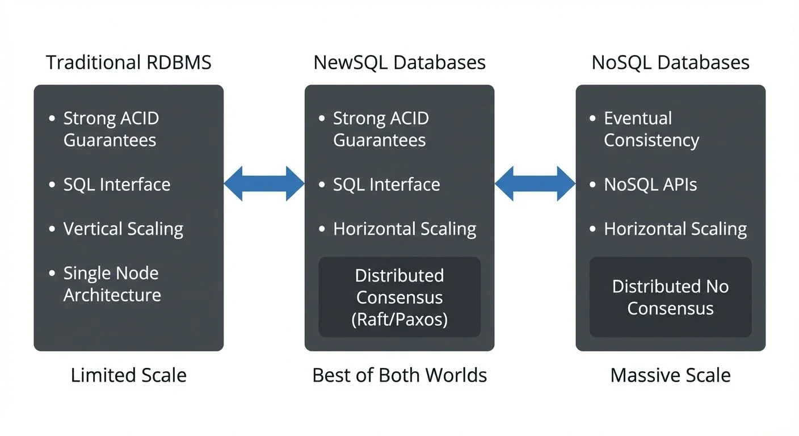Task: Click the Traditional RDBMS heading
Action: click(x=128, y=62)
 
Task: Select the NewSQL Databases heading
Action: click(x=399, y=62)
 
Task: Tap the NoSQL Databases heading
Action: click(x=670, y=62)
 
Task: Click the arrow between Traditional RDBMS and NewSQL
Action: click(x=264, y=184)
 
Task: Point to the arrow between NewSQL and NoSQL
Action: click(x=535, y=184)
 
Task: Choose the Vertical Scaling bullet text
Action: click(x=123, y=229)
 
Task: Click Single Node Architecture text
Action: click(x=112, y=284)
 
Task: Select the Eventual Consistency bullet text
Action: click(x=651, y=129)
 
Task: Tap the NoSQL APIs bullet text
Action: click(x=650, y=185)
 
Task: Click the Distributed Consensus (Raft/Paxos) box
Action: click(x=399, y=297)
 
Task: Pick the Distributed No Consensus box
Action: click(x=670, y=297)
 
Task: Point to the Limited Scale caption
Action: click(x=128, y=375)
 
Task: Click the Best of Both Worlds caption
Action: click(x=399, y=375)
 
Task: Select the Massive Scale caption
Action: click(x=670, y=375)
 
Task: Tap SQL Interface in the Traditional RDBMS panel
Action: click(x=116, y=185)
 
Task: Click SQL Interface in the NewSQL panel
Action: click(x=386, y=185)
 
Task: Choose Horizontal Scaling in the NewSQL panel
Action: click(x=405, y=229)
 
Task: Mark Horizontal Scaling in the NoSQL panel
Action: click(x=675, y=229)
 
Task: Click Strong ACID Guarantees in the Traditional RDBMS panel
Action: click(x=110, y=129)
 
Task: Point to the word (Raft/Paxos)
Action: click(x=399, y=320)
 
